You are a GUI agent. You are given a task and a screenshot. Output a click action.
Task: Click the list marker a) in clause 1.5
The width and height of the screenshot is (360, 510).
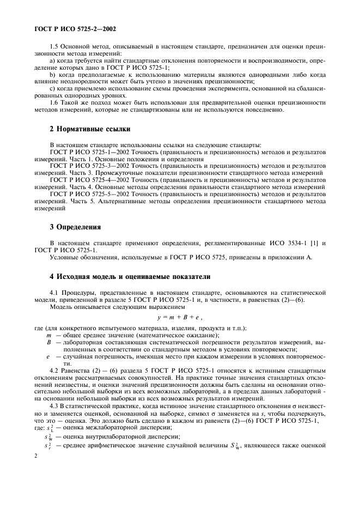[52, 67]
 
